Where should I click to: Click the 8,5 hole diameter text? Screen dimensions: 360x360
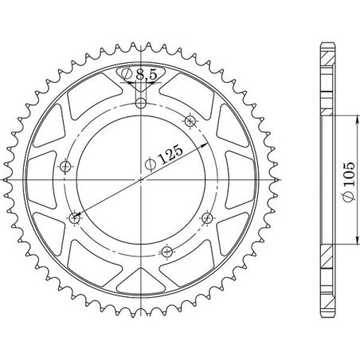(x=146, y=75)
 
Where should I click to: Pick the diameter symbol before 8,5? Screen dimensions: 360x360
(x=129, y=75)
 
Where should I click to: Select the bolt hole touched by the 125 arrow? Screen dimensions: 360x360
(x=76, y=216)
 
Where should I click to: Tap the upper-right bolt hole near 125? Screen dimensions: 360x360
(x=190, y=121)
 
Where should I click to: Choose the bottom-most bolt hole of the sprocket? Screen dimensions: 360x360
(x=166, y=251)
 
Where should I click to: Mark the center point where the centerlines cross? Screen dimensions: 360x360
(x=140, y=178)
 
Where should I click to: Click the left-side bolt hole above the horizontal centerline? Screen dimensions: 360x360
(x=65, y=166)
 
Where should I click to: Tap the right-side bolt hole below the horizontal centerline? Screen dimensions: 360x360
(x=206, y=216)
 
